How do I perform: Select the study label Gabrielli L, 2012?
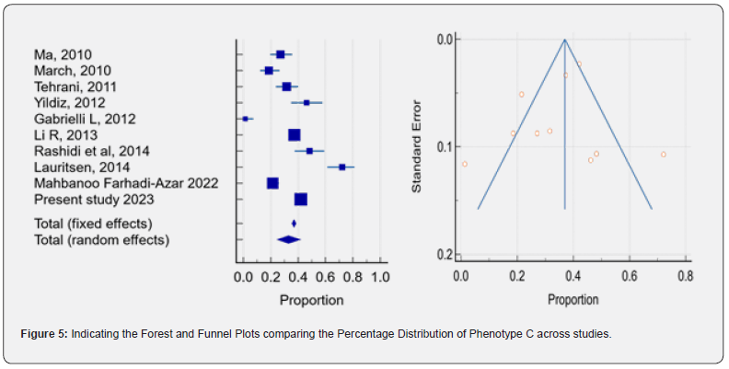85,119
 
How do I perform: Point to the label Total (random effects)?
101,240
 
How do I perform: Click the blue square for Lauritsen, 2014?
342,167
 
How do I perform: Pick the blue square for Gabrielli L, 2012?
245,119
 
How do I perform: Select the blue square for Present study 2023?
300,199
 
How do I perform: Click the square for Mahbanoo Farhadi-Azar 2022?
272,183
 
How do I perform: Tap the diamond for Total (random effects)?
289,239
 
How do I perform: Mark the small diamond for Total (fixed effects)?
294,224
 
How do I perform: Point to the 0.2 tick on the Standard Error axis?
444,254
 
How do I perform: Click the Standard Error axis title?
417,145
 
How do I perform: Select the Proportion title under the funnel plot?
573,299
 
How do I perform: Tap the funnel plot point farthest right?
663,155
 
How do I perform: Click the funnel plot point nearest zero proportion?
465,164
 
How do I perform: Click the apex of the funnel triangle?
564,40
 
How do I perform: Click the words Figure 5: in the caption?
44,333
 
